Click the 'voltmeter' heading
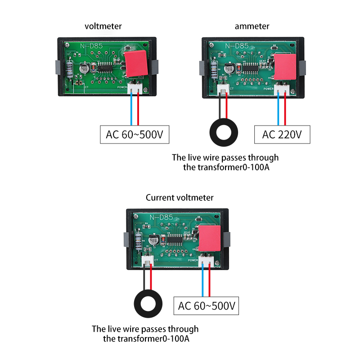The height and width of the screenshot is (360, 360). pos(103,26)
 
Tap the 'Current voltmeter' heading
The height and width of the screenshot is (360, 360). pos(180,198)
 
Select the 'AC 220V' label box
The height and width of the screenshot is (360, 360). pos(282,135)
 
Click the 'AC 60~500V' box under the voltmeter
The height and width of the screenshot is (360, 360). pos(134,135)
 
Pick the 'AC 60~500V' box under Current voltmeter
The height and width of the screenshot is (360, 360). pos(206,306)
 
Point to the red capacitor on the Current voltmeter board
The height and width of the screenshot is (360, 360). pos(210,238)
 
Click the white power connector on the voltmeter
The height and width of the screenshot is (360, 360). pos(135,89)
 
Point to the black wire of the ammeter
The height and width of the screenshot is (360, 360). pos(220,108)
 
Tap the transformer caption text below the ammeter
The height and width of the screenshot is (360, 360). pos(225,162)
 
